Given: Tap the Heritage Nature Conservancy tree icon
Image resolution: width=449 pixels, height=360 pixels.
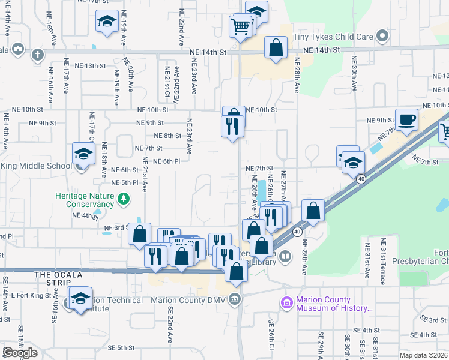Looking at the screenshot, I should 124,197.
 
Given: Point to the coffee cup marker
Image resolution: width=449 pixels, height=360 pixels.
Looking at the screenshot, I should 406,119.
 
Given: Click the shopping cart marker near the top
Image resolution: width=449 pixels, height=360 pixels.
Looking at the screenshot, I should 240,27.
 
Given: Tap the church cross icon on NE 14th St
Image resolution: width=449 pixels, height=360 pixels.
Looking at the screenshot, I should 37,55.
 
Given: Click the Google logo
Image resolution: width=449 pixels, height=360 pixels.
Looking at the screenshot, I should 20,353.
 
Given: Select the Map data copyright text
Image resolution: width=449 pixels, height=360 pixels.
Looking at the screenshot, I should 423,355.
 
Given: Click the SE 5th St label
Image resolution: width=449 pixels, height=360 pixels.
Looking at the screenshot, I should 121,347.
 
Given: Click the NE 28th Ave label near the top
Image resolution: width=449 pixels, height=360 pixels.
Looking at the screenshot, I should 297,74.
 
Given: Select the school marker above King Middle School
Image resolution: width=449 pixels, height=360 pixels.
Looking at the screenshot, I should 83,154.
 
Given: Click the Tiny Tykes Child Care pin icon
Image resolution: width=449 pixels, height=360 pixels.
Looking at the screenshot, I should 382,37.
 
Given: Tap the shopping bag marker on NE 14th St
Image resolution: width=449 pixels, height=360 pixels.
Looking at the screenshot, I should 276,49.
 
